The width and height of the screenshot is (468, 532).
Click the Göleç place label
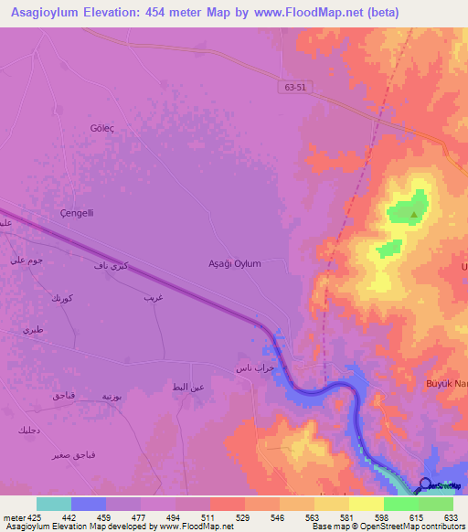click(x=101, y=128)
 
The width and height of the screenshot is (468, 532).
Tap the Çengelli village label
click(x=77, y=213)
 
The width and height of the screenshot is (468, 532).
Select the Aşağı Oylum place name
click(x=236, y=263)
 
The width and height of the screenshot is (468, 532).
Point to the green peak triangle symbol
click(x=414, y=216)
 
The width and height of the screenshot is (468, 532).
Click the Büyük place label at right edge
click(x=447, y=384)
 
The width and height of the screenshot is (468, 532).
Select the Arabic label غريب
click(x=153, y=298)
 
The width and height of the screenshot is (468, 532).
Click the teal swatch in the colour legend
click(x=54, y=504)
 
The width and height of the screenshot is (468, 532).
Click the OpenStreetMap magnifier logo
click(x=425, y=484)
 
